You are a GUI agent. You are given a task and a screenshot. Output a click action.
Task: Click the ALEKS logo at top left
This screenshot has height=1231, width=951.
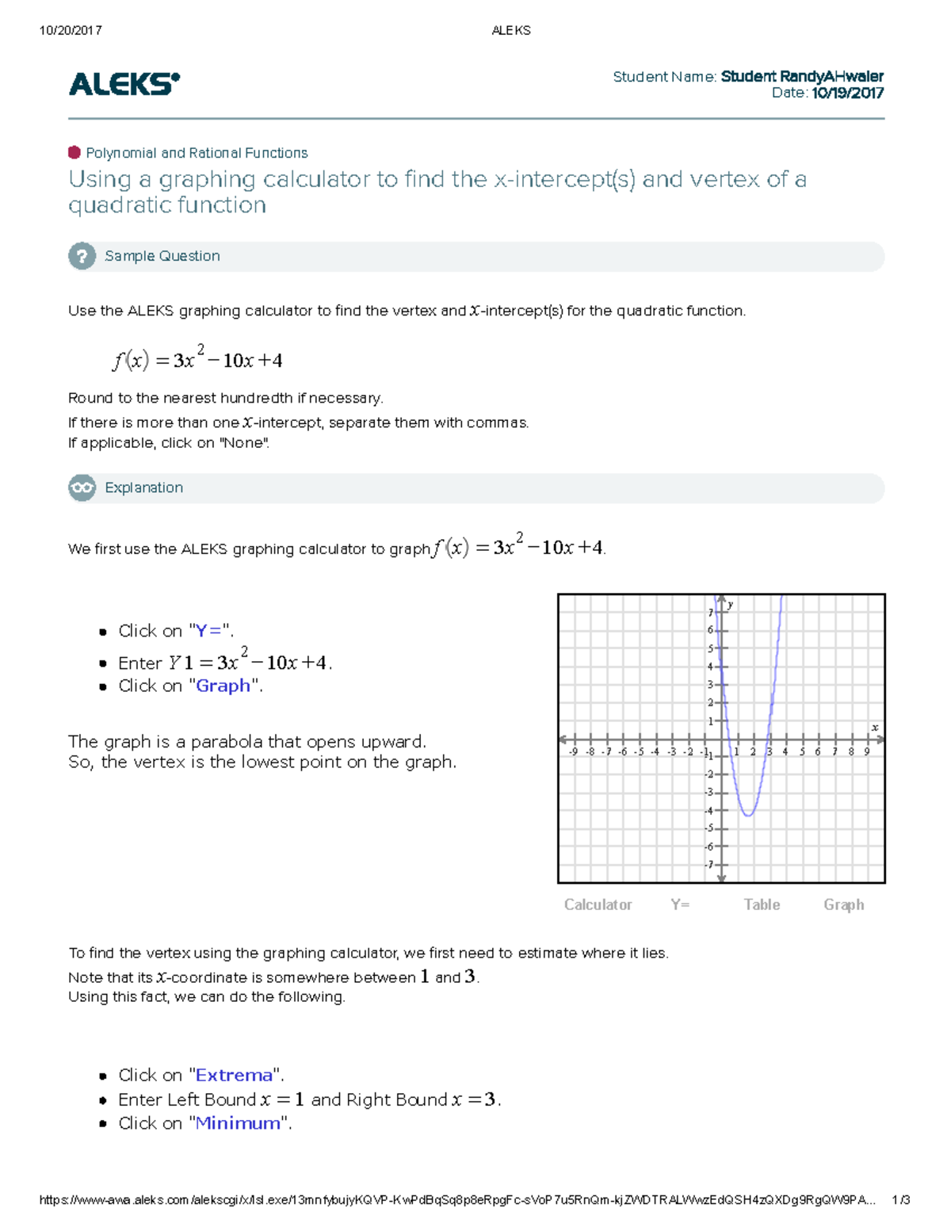click(124, 83)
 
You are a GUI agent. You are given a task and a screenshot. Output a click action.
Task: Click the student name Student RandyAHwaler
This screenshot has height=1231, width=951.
click(801, 76)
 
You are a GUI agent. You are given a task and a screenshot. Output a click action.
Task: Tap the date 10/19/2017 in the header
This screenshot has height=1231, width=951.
click(847, 93)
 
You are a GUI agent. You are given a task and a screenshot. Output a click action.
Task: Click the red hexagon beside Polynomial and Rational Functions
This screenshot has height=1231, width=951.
click(74, 152)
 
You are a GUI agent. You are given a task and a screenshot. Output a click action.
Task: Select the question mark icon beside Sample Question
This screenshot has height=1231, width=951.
click(82, 256)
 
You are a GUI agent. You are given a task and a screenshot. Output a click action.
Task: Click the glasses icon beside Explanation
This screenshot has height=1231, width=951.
click(82, 487)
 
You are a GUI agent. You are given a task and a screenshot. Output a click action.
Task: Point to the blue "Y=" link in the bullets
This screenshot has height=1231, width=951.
click(208, 631)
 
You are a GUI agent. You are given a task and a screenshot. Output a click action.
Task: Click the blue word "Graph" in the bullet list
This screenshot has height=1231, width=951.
click(223, 686)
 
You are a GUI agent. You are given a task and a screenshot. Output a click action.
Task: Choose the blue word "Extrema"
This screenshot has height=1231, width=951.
click(234, 1075)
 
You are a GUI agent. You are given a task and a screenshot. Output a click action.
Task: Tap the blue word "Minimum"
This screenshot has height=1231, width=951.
click(238, 1123)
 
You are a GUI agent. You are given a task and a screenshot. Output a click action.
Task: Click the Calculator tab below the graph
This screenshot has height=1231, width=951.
click(598, 904)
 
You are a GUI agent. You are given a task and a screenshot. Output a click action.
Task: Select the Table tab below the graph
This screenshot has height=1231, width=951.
click(762, 904)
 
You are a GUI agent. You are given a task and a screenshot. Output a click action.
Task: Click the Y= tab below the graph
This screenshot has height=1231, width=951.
click(680, 904)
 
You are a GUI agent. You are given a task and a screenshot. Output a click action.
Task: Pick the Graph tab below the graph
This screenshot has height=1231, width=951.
click(843, 904)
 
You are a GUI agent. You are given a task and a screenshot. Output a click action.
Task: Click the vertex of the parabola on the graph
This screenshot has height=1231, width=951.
click(748, 815)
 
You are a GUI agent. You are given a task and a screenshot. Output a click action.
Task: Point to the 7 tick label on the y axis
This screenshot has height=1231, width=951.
click(711, 613)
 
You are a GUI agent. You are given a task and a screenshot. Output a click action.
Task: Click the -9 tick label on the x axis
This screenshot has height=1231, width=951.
click(572, 751)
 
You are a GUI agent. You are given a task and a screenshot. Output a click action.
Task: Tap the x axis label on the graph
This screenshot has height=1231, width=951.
click(875, 727)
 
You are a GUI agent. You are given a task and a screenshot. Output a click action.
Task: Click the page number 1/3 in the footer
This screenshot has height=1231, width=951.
click(900, 1200)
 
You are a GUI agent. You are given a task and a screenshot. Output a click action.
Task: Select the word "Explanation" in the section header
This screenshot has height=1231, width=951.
click(143, 487)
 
